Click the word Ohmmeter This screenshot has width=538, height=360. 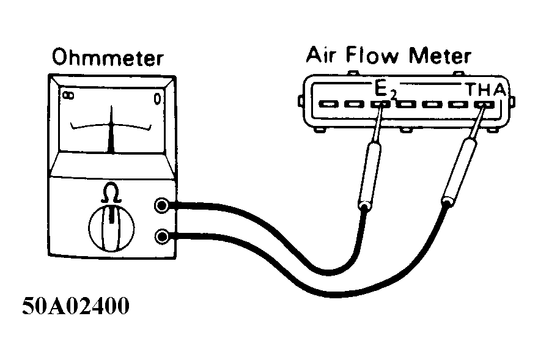point(108,59)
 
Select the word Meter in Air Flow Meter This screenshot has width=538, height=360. point(441,56)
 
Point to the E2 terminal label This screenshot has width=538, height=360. point(384,91)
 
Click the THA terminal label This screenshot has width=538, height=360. point(485,90)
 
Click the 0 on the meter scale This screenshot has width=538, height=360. point(158,97)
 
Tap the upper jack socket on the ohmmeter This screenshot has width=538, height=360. point(162,206)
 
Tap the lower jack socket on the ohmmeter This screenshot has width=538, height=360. point(162,235)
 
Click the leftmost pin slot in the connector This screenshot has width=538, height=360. point(327,105)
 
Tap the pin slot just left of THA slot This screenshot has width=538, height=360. point(458,105)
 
